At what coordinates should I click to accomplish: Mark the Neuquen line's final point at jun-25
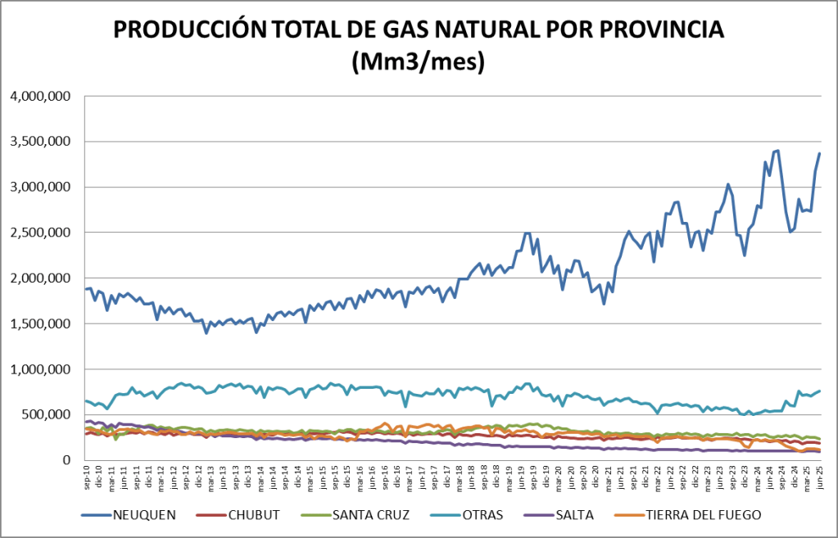coord(819,154)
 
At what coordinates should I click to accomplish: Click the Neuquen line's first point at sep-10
coord(86,289)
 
